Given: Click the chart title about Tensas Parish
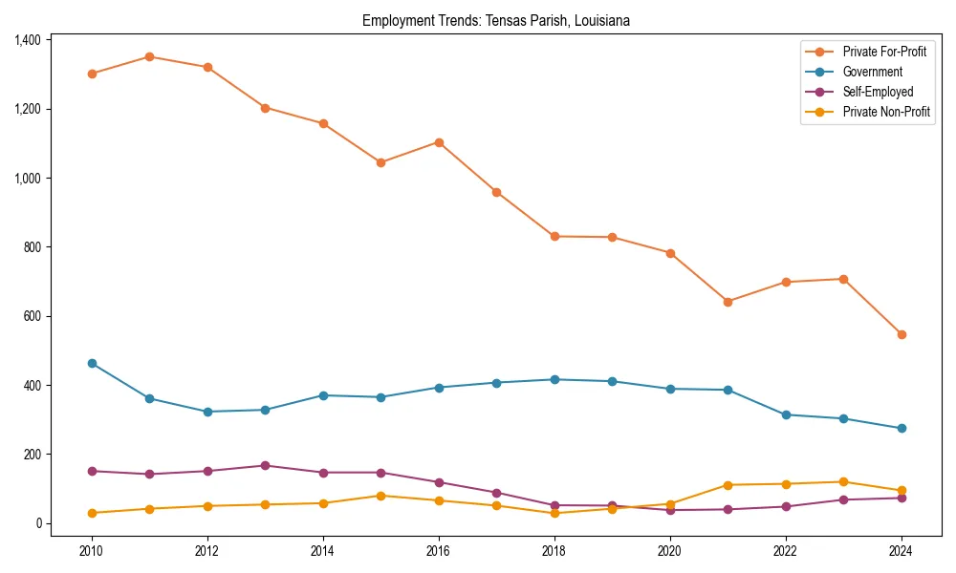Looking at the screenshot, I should (495, 20).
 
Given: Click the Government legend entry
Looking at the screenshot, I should (872, 72).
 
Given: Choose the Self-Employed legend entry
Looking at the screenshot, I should (878, 92).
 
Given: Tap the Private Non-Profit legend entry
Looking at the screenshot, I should (886, 112).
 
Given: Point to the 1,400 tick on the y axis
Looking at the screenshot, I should (28, 40).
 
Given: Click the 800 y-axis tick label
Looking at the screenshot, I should (33, 247).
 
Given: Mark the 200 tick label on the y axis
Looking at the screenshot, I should (33, 455).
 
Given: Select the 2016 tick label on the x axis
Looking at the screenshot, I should (439, 551).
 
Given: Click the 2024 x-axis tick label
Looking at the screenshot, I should (901, 551).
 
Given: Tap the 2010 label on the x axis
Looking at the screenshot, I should (92, 551).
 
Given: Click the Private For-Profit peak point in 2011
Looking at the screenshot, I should (149, 56).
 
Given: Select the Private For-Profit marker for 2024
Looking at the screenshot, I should (901, 334).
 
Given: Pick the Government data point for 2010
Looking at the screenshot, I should (92, 363).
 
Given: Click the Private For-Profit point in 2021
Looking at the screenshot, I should (728, 302).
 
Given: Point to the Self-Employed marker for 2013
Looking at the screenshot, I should (265, 465).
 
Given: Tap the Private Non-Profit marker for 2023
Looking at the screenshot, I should (843, 481).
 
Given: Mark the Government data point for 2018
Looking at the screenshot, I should (554, 379).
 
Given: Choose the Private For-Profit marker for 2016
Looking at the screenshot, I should (439, 142).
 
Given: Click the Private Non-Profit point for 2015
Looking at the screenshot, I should (380, 496).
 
